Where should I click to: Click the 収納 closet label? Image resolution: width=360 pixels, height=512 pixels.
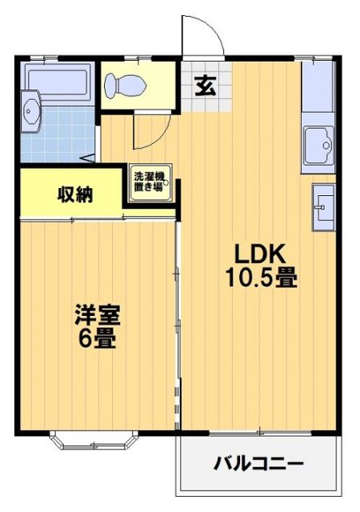coord(73,194)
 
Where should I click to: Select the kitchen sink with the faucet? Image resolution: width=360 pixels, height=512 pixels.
coord(318,146)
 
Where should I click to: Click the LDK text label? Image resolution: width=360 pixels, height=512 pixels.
coord(259,254)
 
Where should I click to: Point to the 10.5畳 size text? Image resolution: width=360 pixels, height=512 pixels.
coord(260,278)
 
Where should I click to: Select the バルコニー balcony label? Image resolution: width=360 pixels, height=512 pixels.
coord(258,464)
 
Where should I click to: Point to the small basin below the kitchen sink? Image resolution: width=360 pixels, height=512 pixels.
coord(323,205)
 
